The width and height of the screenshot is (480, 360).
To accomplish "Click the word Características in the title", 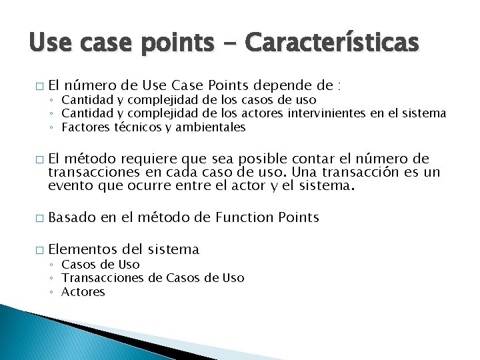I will point(332,43).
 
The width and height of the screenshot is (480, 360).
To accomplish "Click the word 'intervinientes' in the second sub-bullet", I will point(327,113).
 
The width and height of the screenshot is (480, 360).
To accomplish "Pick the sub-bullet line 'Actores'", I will point(83,291).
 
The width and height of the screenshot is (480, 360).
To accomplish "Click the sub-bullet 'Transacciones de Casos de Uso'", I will point(153,278).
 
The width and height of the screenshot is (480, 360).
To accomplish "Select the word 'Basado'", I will point(73,217).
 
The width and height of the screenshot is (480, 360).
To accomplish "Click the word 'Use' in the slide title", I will point(48,43).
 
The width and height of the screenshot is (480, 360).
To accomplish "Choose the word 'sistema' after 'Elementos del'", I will point(173,249).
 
